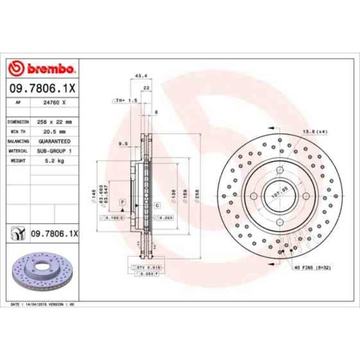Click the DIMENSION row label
[18, 121]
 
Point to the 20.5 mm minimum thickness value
[54, 131]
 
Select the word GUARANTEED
[54, 141]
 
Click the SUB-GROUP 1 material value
[54, 151]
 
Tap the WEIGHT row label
[18, 161]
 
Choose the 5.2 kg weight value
[54, 161]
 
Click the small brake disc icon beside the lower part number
[18, 234]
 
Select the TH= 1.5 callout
[125, 100]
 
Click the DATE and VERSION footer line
[43, 305]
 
